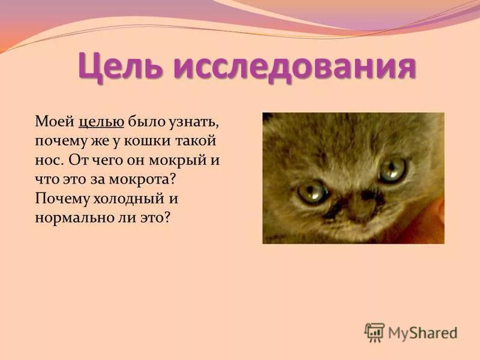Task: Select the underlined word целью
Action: point(101,122)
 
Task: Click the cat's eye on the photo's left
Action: point(313,193)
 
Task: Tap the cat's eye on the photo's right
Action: point(392,169)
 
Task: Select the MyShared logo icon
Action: point(374,332)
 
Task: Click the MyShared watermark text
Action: point(422,332)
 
